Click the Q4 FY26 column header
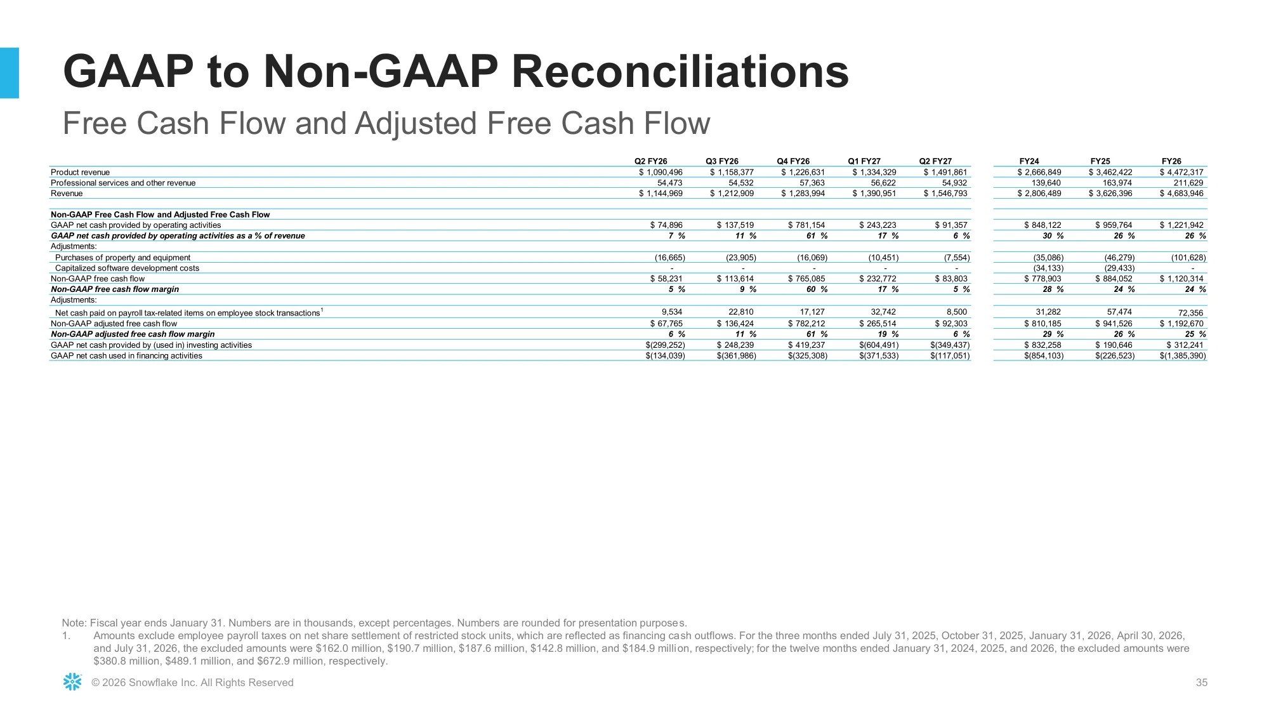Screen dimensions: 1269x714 tap(793, 161)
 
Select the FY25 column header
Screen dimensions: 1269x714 tap(1100, 161)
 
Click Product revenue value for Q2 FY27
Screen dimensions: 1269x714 tap(945, 173)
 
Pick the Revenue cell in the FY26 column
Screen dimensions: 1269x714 tap(1181, 194)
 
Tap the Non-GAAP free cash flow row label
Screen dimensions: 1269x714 tap(98, 279)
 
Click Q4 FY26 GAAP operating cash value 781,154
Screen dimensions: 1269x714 tap(806, 225)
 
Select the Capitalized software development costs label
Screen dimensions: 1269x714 tap(127, 268)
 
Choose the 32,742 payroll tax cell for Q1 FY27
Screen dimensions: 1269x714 tap(883, 312)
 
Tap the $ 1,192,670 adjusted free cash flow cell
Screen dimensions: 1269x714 tap(1181, 324)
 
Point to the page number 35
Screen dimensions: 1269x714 tap(1202, 683)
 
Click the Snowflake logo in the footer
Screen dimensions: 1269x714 tap(72, 682)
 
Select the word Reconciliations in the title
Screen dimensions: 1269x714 tap(680, 72)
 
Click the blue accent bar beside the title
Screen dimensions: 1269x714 tap(10, 73)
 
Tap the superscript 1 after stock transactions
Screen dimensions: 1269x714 tap(322, 310)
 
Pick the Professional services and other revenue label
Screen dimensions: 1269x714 tap(123, 183)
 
